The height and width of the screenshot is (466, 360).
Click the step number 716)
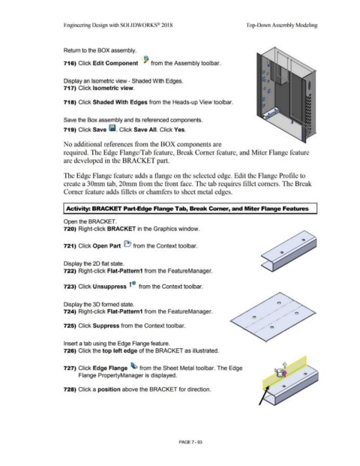[70, 63]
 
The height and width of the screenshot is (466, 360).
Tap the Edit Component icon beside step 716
[145, 60]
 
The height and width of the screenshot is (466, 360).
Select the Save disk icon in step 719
[112, 128]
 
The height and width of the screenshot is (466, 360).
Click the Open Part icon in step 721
[127, 245]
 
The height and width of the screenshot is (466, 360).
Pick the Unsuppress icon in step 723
[132, 284]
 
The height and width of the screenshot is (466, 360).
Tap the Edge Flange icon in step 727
[134, 366]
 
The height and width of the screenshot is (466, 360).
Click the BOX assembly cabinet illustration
[286, 95]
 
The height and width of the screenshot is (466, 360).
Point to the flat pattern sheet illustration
[273, 317]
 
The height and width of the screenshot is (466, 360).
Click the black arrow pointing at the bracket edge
[264, 395]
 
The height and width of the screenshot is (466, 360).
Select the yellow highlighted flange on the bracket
[284, 373]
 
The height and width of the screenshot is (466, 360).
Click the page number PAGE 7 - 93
[190, 442]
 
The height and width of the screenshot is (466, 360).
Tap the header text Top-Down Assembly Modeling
[281, 26]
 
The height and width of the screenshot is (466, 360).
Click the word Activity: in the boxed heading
[78, 209]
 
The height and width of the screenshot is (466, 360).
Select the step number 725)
[70, 326]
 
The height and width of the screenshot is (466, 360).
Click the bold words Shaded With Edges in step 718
[120, 102]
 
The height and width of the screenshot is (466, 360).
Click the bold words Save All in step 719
[145, 130]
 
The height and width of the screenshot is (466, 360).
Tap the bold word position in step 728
[109, 389]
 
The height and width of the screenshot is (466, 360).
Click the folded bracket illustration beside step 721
[289, 251]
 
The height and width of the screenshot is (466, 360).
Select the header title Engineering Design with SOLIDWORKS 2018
[118, 26]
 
